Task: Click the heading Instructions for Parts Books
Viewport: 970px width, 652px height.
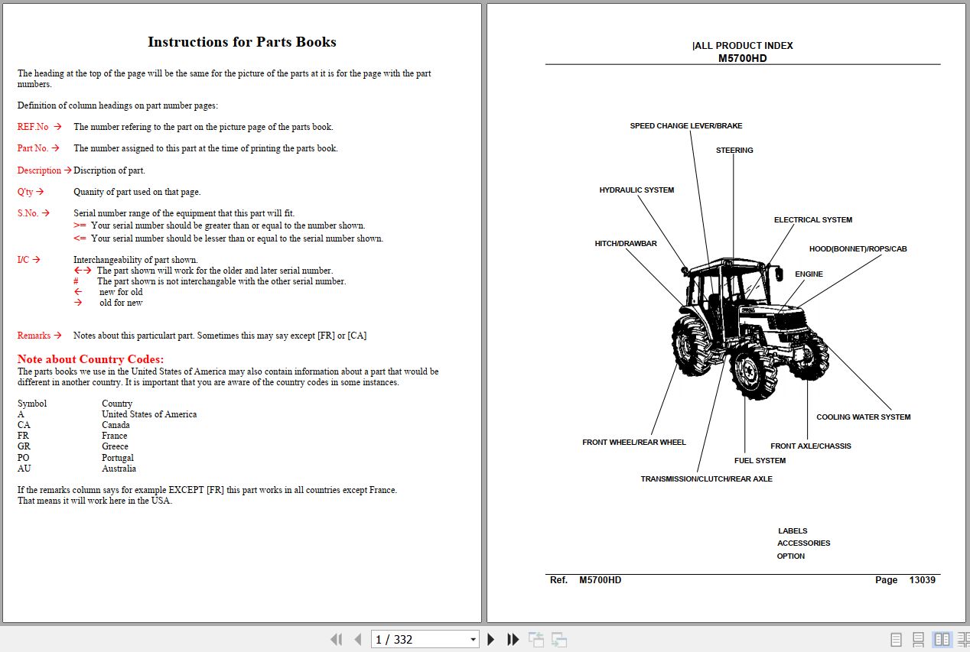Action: pos(242,42)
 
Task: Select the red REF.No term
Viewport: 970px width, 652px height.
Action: pos(33,127)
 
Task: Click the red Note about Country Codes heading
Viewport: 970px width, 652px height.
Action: pos(90,359)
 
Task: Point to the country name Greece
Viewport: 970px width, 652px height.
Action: pos(115,446)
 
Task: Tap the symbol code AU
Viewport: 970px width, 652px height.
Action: pos(24,469)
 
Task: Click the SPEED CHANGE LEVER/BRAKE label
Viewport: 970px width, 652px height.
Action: pos(685,126)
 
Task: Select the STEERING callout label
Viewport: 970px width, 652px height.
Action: pos(734,151)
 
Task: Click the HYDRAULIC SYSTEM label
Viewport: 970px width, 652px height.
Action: pos(636,190)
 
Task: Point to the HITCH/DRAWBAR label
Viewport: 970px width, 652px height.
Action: pos(626,244)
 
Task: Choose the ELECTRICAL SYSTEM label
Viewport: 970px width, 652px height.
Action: pos(812,220)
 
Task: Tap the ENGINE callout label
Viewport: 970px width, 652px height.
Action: pos(809,274)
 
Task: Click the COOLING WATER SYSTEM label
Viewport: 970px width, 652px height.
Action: pos(863,417)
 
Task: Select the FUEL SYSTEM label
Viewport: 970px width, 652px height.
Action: pos(760,461)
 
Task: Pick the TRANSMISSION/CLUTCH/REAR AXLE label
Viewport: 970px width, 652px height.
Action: pos(706,479)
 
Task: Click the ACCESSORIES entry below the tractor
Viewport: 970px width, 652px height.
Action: pos(803,543)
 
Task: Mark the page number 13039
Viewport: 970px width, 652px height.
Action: pos(922,580)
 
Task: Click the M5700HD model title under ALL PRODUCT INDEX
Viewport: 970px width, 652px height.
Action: pos(742,58)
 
